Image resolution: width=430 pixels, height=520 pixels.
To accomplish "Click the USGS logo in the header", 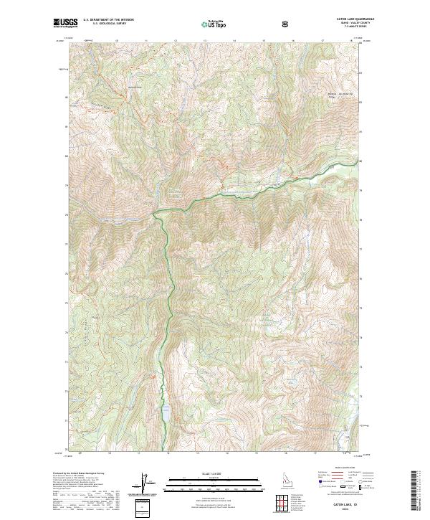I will click(x=65, y=24).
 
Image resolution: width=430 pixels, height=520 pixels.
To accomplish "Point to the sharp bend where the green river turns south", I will click(x=156, y=212).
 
